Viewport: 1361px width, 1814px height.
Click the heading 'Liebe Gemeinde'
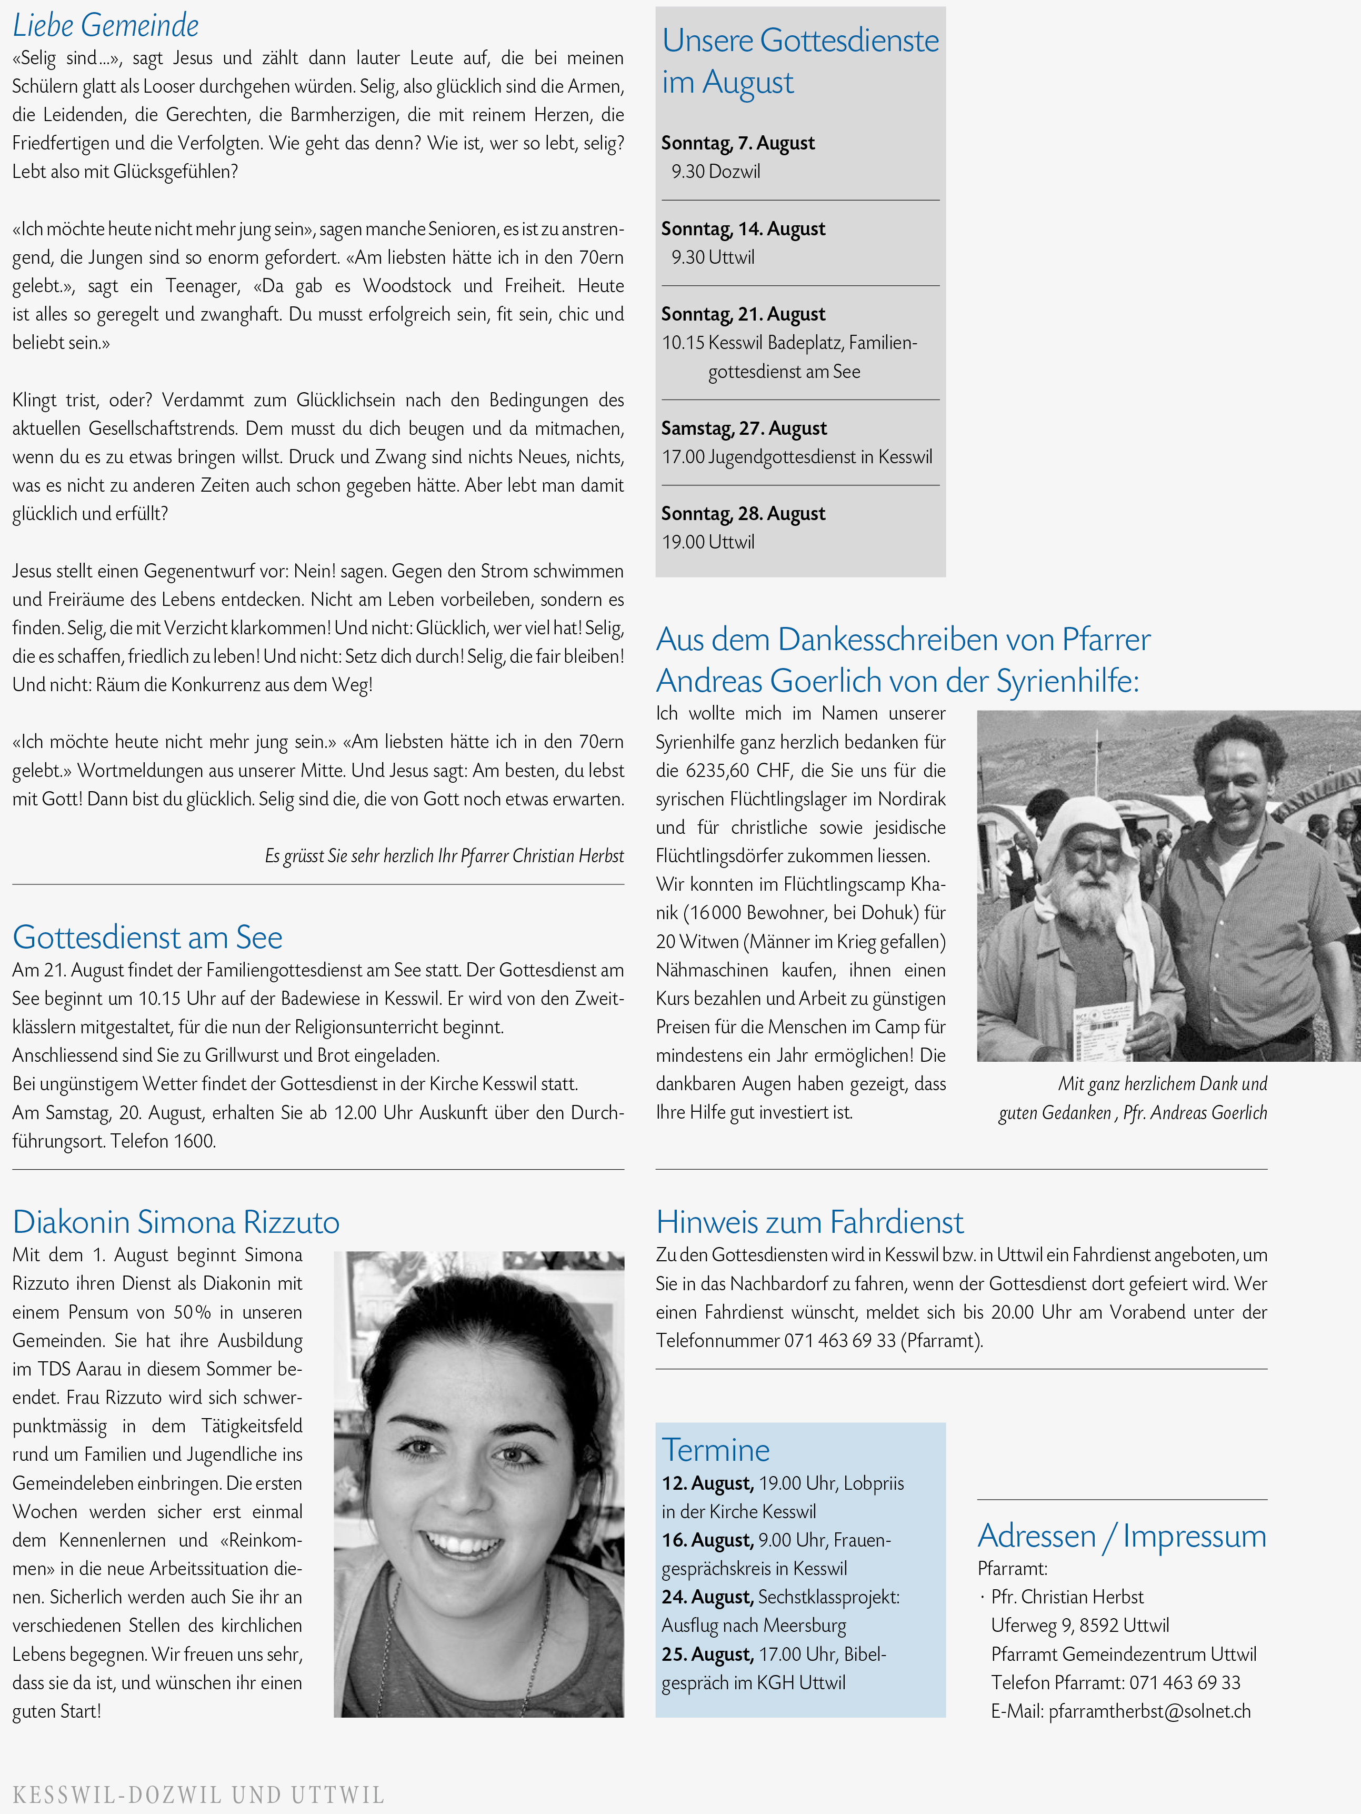click(106, 25)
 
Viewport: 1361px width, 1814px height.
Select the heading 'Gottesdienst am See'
click(147, 938)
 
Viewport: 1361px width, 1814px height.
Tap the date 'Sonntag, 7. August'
click(738, 143)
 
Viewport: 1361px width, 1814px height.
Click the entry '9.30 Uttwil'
click(713, 257)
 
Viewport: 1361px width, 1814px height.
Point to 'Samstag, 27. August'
click(744, 428)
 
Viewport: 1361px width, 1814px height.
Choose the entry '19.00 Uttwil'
click(708, 542)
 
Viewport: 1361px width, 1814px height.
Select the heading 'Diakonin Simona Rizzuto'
click(175, 1222)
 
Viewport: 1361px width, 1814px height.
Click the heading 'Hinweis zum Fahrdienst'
click(809, 1222)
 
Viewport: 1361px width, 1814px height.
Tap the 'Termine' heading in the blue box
click(716, 1450)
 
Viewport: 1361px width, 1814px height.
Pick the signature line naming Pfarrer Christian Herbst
click(444, 856)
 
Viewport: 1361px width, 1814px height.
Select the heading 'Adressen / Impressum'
click(1122, 1536)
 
